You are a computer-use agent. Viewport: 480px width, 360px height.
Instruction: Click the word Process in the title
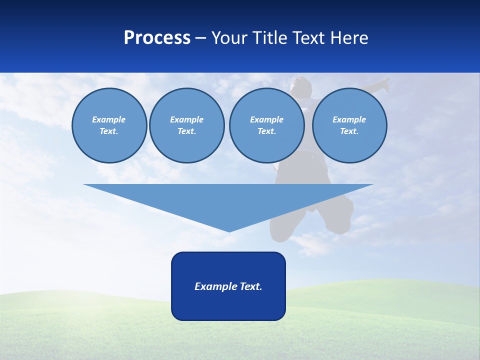[157, 38]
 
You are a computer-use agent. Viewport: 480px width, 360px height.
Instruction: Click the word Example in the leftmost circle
[109, 119]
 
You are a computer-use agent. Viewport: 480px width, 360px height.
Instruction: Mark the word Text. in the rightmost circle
[349, 131]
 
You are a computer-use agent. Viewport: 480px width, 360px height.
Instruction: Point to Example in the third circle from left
[266, 119]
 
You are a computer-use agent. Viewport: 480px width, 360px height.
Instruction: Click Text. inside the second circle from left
[186, 131]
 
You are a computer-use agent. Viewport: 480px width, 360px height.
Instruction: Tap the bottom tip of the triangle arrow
[228, 230]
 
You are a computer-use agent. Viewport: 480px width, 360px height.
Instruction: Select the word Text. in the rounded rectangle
[251, 286]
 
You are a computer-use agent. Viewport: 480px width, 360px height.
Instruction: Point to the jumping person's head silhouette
[301, 86]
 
